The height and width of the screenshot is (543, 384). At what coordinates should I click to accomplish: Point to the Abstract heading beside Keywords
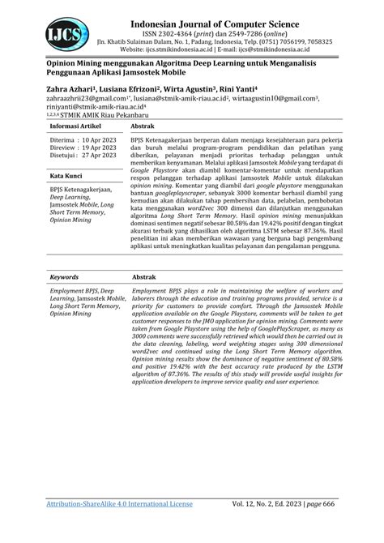coord(146,276)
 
